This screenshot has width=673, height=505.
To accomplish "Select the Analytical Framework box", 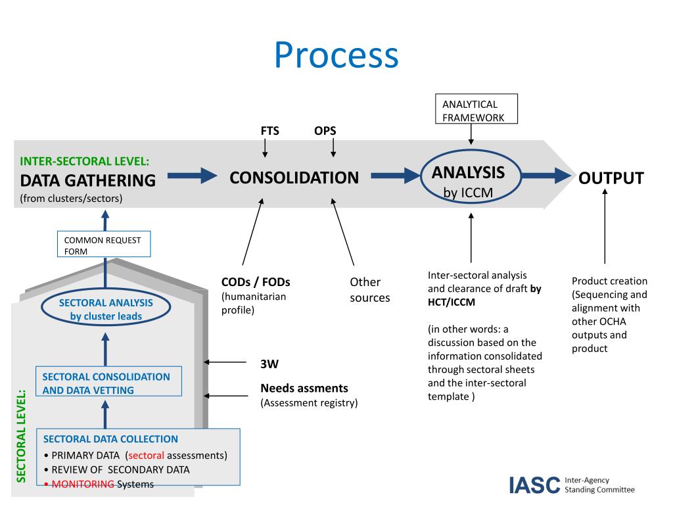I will pos(476,109).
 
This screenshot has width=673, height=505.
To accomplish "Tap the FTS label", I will pos(269,131).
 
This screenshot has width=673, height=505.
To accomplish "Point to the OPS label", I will pos(325,131).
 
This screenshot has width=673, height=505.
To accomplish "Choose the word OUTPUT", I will pos(611,178).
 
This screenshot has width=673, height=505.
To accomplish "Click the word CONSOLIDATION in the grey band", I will pos(294,178).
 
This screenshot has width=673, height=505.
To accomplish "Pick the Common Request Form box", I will pos(104,245).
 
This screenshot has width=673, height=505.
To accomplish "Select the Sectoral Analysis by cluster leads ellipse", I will pos(106,309).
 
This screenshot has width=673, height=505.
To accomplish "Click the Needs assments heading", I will pos(304,388).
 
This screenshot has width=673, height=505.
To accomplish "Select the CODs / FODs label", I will pos(256,282).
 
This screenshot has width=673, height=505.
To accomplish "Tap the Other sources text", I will pos(369,290).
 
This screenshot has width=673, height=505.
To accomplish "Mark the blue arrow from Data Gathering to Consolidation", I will pos(193,176).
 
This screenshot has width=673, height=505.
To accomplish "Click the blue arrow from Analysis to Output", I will pos(547,176).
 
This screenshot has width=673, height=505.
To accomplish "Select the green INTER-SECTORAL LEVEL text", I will pos(85,161).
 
